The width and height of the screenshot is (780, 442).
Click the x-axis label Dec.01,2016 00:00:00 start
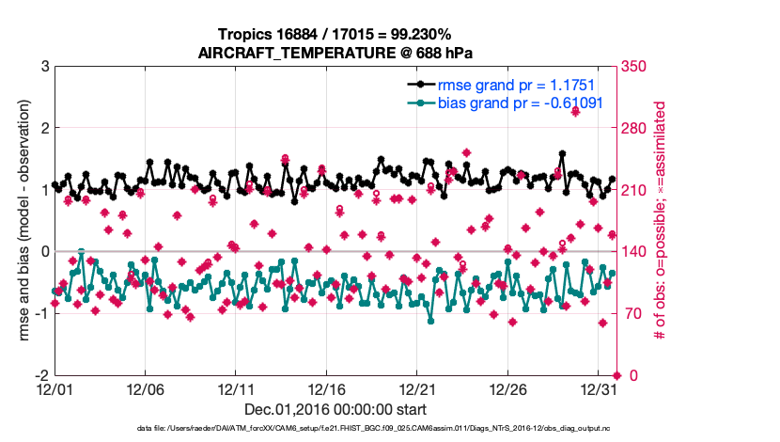(335, 409)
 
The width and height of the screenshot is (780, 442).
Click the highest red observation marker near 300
(575, 110)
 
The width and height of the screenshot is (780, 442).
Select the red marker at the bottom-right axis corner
(616, 375)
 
